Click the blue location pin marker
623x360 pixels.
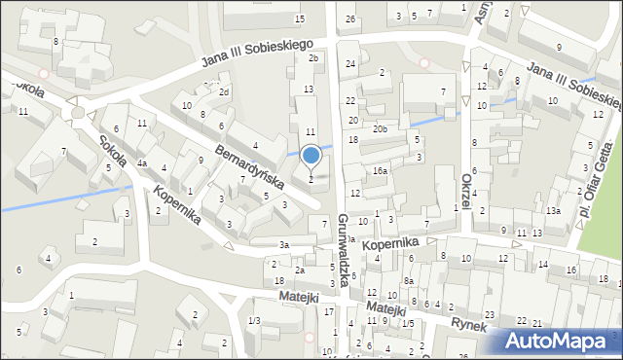[x=311, y=156]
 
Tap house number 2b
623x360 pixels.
[x=313, y=58]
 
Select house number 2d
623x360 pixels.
[x=224, y=92]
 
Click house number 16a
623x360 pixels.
[x=379, y=170]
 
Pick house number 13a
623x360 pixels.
[x=552, y=211]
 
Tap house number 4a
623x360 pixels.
[x=142, y=162]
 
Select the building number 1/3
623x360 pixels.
[x=254, y=321]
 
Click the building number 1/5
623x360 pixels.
[x=409, y=323]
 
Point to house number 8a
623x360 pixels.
[x=410, y=281]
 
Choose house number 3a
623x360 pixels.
[x=284, y=245]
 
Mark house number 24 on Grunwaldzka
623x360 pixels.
[x=350, y=63]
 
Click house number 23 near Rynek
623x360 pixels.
[x=490, y=315]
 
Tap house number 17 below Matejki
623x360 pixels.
[x=329, y=311]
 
